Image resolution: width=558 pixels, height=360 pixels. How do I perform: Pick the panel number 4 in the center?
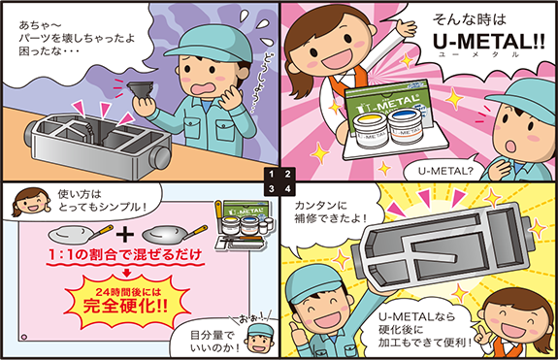(x=287, y=187)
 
